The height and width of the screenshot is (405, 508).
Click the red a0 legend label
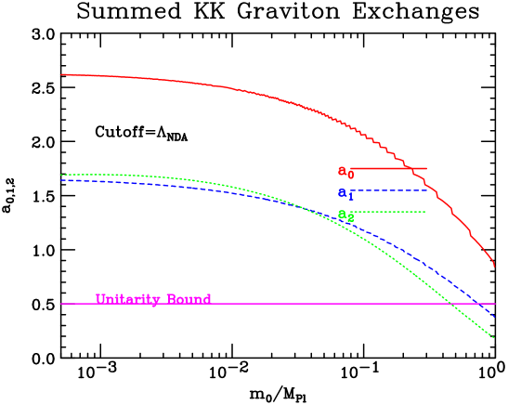click(345, 172)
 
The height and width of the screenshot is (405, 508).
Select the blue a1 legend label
click(345, 194)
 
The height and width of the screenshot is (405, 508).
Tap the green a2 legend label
click(345, 216)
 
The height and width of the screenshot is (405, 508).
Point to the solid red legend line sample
click(390, 169)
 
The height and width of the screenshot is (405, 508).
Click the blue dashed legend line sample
click(390, 190)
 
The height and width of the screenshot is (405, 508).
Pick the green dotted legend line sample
click(390, 212)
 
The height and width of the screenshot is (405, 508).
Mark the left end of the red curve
click(61, 74)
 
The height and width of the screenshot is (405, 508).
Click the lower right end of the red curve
click(494, 266)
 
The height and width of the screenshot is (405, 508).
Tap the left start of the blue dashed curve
click(61, 180)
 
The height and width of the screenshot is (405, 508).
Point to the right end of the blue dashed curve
click(494, 317)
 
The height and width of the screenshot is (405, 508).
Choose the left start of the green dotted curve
click(61, 175)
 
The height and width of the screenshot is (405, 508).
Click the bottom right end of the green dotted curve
click(494, 337)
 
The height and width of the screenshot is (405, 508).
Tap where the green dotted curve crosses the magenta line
click(449, 304)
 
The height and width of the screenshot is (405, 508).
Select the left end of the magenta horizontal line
click(61, 304)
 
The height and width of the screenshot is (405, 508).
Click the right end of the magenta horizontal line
click(495, 304)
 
